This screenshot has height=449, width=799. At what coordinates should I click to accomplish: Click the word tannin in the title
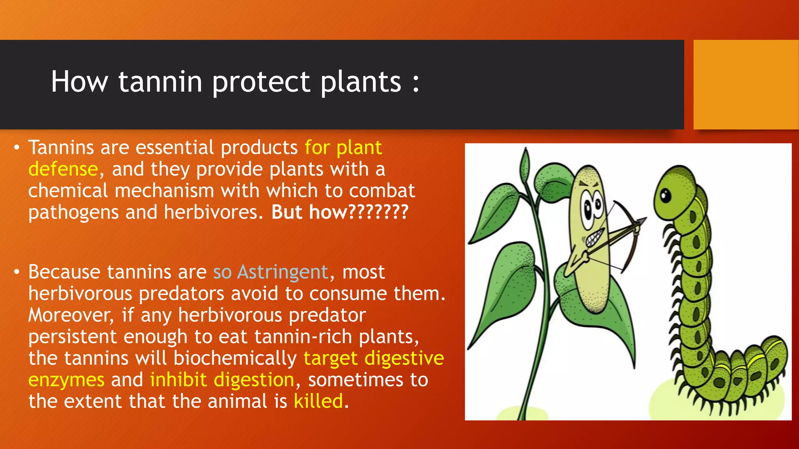(160, 82)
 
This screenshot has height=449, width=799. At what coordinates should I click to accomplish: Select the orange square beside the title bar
(746, 85)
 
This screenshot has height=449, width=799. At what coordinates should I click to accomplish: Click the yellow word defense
(63, 169)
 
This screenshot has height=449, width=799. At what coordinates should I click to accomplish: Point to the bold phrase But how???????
(339, 212)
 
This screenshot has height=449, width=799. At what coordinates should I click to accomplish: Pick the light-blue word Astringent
(283, 272)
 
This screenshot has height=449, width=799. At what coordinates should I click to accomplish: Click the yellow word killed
(318, 401)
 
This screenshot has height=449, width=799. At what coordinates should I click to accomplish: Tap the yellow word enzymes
(66, 380)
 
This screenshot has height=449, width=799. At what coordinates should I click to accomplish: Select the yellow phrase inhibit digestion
(222, 380)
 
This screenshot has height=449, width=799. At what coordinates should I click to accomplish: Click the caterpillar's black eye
(666, 195)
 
